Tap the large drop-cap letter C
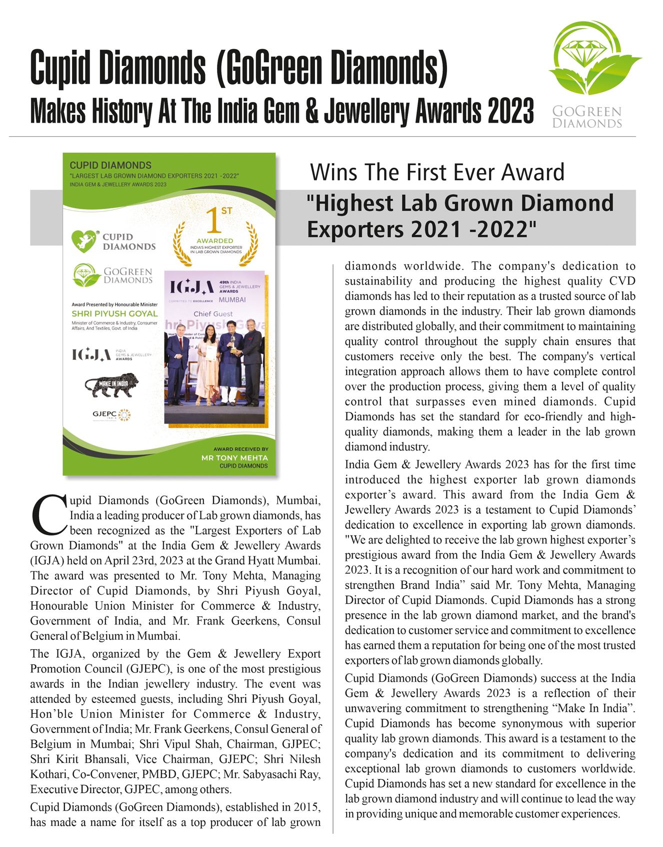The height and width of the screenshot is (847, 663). coord(48,515)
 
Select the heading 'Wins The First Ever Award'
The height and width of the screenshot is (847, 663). coord(437,173)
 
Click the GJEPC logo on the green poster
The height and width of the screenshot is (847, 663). coord(111,415)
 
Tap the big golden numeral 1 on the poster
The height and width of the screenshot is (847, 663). coord(214,221)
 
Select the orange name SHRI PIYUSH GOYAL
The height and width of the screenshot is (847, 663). coord(114,314)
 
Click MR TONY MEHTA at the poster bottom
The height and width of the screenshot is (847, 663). coord(234,458)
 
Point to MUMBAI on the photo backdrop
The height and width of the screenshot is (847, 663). coord(232,300)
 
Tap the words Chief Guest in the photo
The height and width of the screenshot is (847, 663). coord(213,314)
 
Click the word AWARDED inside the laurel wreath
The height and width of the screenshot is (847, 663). coord(214,241)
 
